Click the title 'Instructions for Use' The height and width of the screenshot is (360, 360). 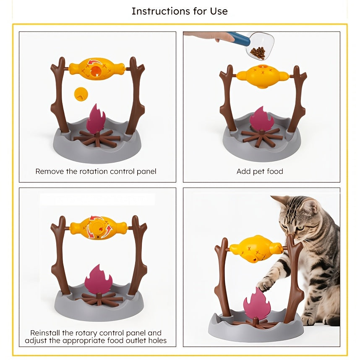point(180,11)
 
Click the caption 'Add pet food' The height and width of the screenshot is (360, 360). point(260,171)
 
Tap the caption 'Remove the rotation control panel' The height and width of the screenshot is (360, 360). point(96,171)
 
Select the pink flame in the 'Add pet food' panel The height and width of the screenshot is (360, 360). point(261,119)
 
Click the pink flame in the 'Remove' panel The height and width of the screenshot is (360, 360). point(96,119)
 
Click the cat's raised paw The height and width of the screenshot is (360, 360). point(266,285)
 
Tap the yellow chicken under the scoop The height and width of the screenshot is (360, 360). point(262,76)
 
